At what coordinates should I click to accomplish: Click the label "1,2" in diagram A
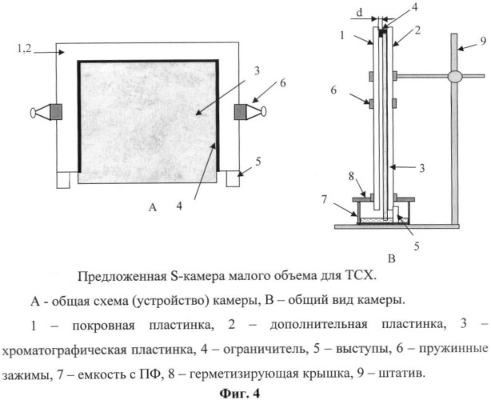click(24, 49)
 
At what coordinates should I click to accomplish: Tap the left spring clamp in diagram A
click(46, 112)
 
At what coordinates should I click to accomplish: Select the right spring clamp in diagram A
click(250, 111)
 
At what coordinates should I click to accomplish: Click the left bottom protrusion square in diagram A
click(63, 180)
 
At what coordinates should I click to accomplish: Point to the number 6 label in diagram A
click(282, 84)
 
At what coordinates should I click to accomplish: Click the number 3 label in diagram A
click(257, 71)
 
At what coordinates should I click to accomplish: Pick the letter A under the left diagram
click(153, 207)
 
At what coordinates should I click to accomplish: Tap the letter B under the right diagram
click(391, 258)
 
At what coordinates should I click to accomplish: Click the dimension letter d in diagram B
click(360, 12)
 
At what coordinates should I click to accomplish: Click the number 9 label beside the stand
click(483, 41)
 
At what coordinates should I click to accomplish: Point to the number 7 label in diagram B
click(324, 198)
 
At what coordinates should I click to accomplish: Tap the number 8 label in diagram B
click(351, 176)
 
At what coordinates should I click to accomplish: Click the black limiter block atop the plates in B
click(381, 33)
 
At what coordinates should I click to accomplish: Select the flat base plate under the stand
click(397, 226)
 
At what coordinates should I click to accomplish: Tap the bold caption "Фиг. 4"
click(240, 393)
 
